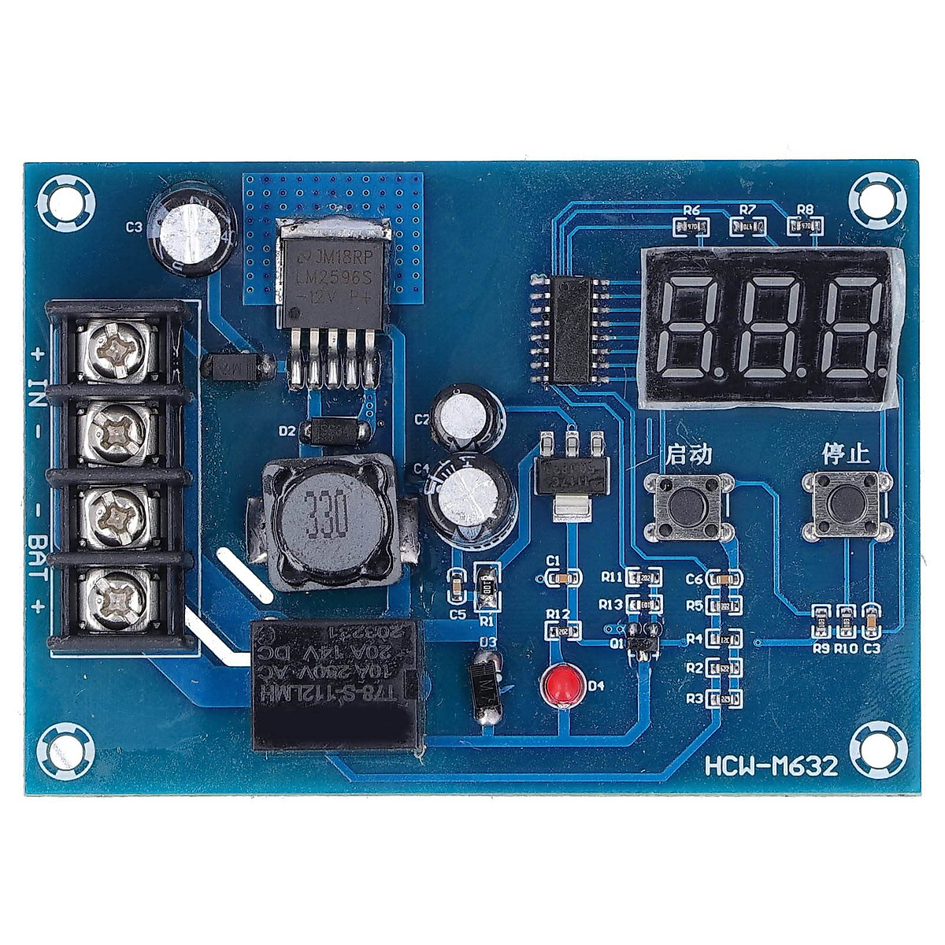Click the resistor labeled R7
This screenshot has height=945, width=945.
(x=747, y=227)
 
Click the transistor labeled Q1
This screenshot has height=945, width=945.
(x=642, y=639)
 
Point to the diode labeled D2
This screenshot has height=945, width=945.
(x=336, y=431)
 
